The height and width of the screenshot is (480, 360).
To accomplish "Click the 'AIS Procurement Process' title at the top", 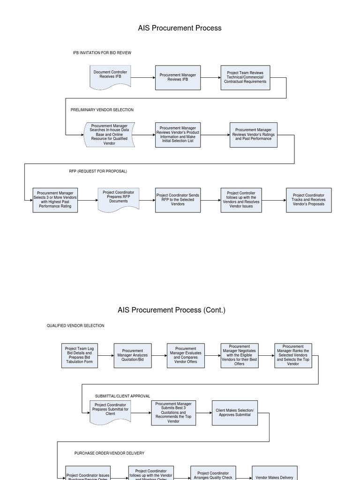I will coord(180,28).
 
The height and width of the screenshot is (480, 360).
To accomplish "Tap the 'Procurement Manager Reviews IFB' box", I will coord(178,77).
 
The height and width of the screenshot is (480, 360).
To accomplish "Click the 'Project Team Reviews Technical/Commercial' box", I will coord(245,77).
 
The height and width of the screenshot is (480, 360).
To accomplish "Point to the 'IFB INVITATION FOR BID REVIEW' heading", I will coord(102,53).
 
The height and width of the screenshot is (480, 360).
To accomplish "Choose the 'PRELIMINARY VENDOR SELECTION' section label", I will coord(102,110).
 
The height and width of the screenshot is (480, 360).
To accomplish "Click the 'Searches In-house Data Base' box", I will coord(109,135).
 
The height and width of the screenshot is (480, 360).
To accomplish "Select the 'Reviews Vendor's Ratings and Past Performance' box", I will coord(253,135).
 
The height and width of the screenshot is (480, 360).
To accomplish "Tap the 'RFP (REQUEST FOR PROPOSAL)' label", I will coord(98,171).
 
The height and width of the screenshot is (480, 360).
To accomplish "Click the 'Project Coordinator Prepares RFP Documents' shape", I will coord(119,199).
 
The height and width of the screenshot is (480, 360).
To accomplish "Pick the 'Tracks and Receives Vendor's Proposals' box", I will coord(308,200).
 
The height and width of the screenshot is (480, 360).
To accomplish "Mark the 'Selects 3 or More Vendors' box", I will coord(55,200).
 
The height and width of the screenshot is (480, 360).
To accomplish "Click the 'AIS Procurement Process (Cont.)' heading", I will coord(172,310).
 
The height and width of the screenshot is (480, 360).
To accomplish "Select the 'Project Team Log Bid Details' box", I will coord(79,356).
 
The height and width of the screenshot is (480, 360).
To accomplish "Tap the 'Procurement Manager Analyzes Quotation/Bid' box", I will coord(133,356).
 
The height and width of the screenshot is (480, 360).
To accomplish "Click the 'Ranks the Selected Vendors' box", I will coord(293,356).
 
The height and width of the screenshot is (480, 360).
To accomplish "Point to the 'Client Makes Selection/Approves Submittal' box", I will coord(234,412).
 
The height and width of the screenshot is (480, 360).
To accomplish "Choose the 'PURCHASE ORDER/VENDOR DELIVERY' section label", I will coord(109,453).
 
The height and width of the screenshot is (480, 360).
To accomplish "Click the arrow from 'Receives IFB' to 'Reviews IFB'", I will coord(143,78).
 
